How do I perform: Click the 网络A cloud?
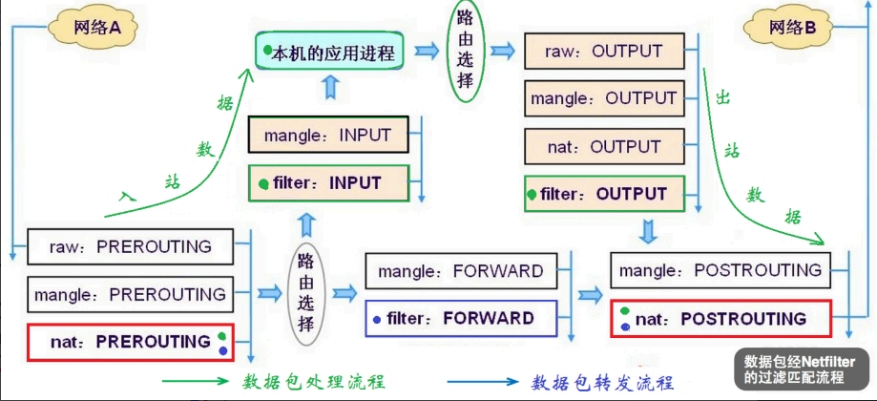tap(96, 29)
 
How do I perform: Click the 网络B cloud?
tap(791, 29)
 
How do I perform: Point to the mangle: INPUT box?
tap(327, 135)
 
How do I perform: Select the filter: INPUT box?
tap(327, 182)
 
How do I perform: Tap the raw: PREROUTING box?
tap(130, 246)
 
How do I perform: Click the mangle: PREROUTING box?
tap(130, 294)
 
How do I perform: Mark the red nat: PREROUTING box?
tap(130, 341)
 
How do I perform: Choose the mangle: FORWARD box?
tap(460, 271)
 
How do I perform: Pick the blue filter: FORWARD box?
tap(460, 318)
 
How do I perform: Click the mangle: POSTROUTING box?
tap(720, 271)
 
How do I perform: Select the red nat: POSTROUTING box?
tap(720, 318)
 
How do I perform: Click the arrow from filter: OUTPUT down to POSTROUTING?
tap(648, 230)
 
